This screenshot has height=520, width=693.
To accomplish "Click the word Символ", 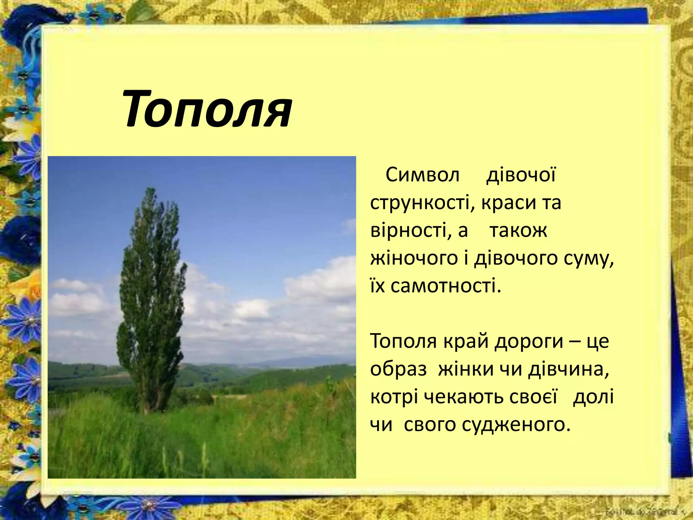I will point(422,175).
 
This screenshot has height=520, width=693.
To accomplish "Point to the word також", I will point(518,231).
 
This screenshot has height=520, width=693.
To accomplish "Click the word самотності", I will point(445,286).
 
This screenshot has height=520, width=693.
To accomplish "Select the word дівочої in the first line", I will point(521,175).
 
